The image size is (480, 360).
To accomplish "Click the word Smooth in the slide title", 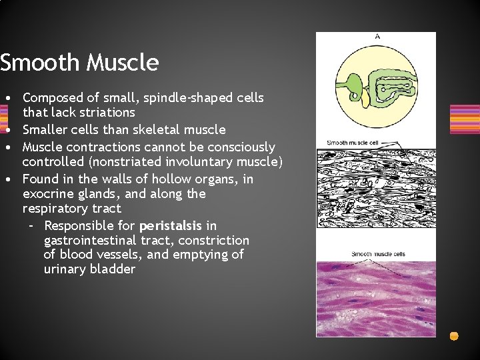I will pyautogui.click(x=39, y=63).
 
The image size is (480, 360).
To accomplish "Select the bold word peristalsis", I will pyautogui.click(x=171, y=225).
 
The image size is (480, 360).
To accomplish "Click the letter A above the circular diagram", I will pyautogui.click(x=377, y=37).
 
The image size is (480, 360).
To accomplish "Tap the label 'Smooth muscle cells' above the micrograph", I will pyautogui.click(x=378, y=254).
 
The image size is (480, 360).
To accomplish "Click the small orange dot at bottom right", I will pyautogui.click(x=454, y=336).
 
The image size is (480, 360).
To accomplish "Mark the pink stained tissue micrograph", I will pyautogui.click(x=375, y=300).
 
